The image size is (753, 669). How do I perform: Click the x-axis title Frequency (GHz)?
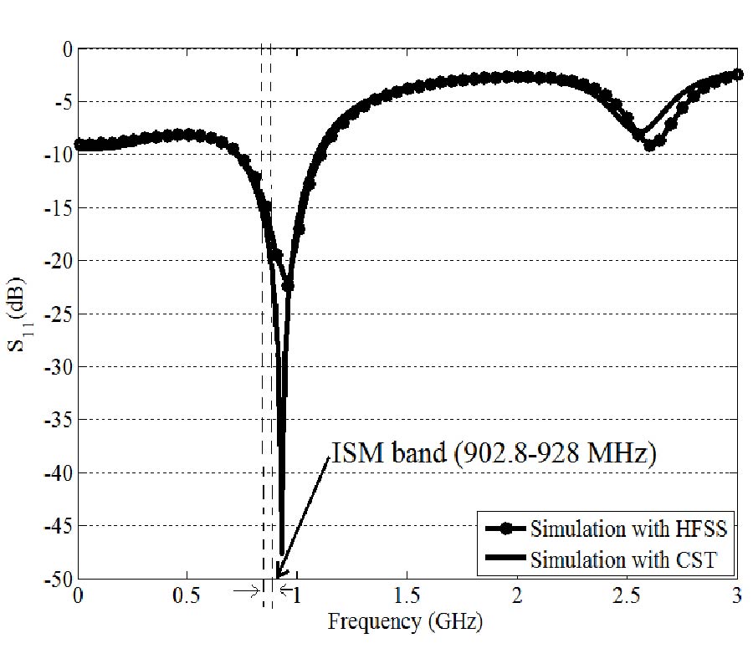[406, 621]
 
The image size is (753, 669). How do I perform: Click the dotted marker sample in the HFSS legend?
[505, 529]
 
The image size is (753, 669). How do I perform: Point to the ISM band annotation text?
[494, 456]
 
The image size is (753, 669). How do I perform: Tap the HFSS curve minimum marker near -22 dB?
[287, 286]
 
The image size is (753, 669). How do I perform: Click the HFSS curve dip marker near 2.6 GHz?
[649, 146]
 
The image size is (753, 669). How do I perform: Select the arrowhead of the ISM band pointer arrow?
[279, 575]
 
